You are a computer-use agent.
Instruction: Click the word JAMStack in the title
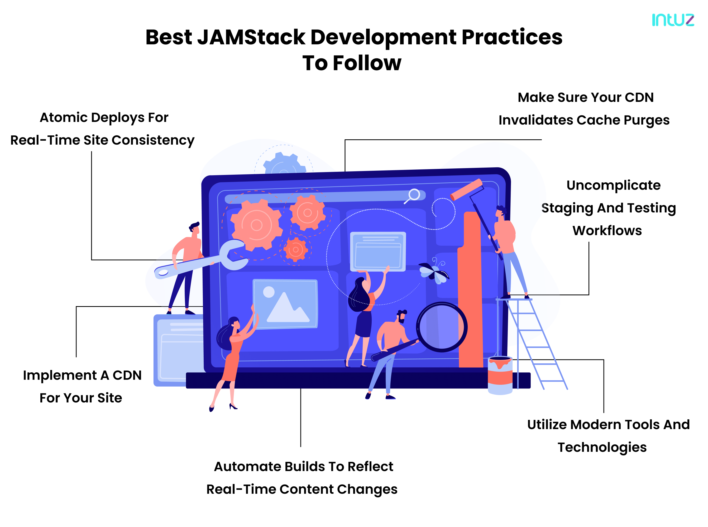(251, 37)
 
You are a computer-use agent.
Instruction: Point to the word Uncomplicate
(613, 185)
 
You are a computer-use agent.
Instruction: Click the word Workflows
(607, 231)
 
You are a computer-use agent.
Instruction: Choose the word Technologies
(602, 447)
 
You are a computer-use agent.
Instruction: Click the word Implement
(60, 376)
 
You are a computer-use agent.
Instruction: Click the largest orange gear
(256, 225)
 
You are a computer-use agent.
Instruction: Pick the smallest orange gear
(295, 249)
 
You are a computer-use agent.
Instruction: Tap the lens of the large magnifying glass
(441, 327)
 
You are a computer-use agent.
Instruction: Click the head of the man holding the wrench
(194, 229)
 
